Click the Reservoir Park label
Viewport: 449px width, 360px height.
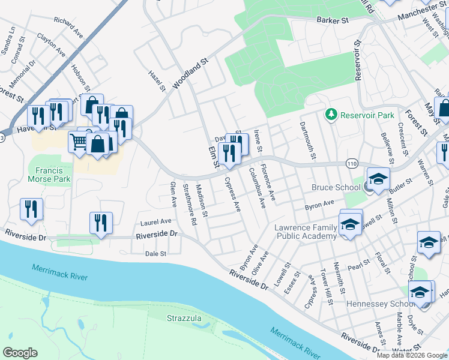click(x=367, y=114)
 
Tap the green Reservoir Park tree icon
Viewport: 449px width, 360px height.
click(x=331, y=113)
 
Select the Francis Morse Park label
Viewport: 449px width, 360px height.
click(x=49, y=174)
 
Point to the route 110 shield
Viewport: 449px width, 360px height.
click(x=352, y=164)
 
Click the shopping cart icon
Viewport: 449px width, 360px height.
click(x=79, y=142)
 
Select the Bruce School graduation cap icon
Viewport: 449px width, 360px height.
click(x=378, y=179)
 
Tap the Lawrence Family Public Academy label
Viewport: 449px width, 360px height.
click(x=306, y=232)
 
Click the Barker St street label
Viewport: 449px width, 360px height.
click(x=333, y=20)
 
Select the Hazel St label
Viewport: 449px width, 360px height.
click(x=157, y=81)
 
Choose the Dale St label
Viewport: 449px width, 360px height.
click(x=155, y=254)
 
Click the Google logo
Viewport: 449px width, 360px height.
click(x=20, y=353)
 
